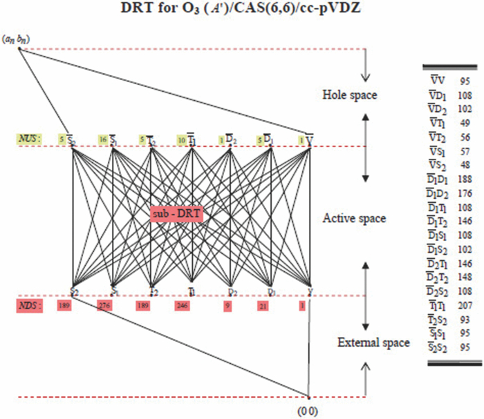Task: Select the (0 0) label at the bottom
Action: point(308,412)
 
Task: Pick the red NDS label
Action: point(29,306)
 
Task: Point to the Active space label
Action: point(354,219)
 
